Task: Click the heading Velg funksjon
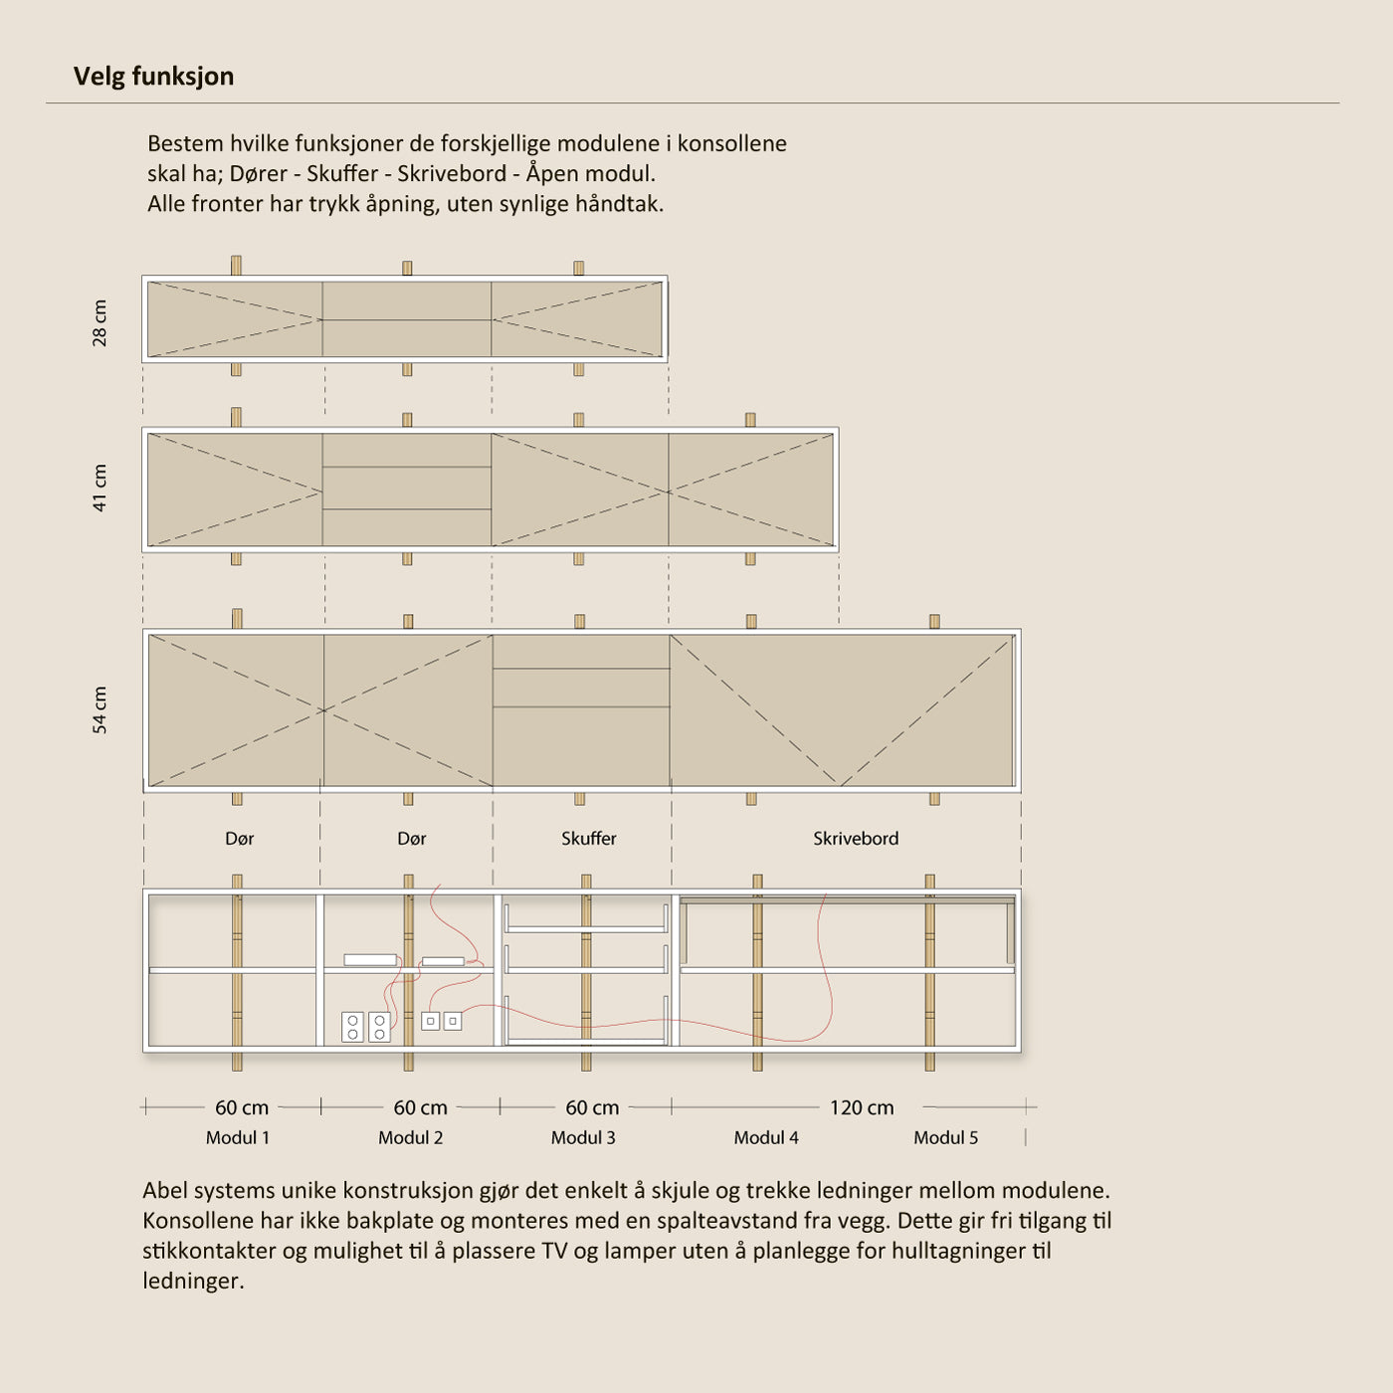click(x=153, y=77)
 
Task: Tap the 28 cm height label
click(x=99, y=322)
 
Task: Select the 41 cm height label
click(x=99, y=488)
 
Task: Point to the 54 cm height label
click(x=99, y=709)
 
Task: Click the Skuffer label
click(x=588, y=839)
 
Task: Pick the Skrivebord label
click(x=855, y=839)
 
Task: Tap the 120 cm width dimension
click(x=861, y=1107)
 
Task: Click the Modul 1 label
click(x=237, y=1137)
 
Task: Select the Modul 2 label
click(x=410, y=1137)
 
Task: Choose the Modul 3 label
click(x=583, y=1137)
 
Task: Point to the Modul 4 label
click(x=766, y=1137)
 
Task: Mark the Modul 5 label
click(x=945, y=1137)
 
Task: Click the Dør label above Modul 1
click(x=239, y=839)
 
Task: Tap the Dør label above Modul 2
click(x=411, y=839)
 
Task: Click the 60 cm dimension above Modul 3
click(x=592, y=1107)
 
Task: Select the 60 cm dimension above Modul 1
click(x=242, y=1107)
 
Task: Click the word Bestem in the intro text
click(x=185, y=143)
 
